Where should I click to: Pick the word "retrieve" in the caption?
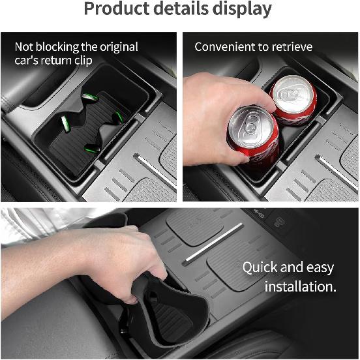tap(290, 47)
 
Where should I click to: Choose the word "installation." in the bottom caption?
tap(300, 286)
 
